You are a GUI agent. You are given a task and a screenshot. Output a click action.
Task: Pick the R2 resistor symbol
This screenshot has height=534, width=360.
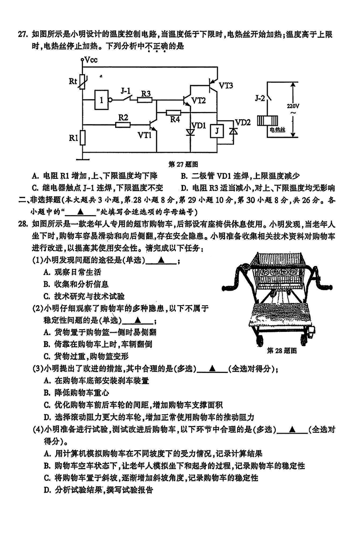[123, 124]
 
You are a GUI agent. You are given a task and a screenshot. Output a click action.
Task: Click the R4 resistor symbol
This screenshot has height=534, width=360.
[173, 113]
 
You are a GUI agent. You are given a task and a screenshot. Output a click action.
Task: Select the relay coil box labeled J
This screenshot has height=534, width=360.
[217, 131]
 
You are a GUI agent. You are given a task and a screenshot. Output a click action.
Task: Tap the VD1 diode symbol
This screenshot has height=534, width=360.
[190, 132]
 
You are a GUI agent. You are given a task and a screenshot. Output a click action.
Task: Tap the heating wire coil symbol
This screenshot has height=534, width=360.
[266, 121]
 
